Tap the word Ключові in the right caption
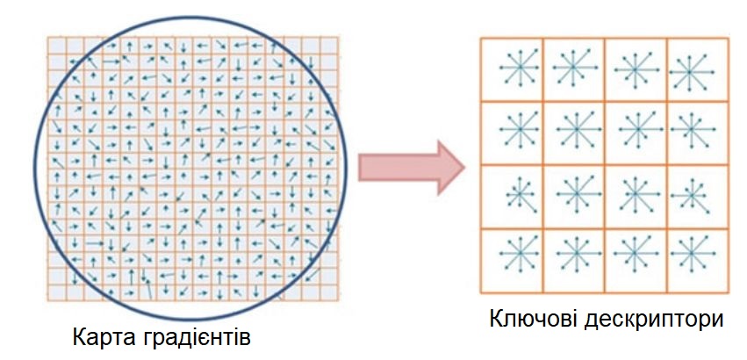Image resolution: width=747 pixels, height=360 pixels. click(534, 319)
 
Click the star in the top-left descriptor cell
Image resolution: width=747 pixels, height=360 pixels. click(512, 68)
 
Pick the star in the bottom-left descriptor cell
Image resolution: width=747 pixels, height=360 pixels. click(512, 258)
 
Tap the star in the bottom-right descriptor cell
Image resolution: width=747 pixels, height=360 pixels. click(696, 258)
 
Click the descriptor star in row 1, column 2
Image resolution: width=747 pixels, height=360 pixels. click(573, 68)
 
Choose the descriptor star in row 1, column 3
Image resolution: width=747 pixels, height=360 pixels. click(636, 68)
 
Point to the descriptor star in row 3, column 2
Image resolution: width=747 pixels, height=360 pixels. click(573, 195)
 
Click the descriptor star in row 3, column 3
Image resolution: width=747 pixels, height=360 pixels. click(636, 195)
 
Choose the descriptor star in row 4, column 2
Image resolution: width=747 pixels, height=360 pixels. click(573, 258)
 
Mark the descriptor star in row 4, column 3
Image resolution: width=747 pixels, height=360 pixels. click(636, 258)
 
